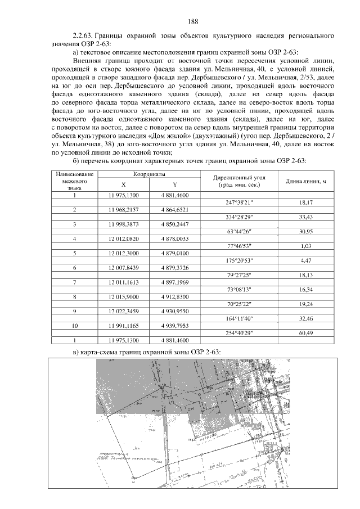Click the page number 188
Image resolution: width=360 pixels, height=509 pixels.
pyautogui.click(x=193, y=22)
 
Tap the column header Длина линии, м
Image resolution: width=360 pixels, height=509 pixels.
pyautogui.click(x=307, y=182)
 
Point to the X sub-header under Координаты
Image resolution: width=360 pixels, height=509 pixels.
pyautogui.click(x=123, y=185)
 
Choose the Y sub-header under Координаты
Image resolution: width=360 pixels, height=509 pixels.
pyautogui.click(x=174, y=185)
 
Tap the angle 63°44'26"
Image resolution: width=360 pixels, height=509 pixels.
pyautogui.click(x=238, y=231)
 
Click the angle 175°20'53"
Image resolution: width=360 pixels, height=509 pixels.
pyautogui.click(x=238, y=260)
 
